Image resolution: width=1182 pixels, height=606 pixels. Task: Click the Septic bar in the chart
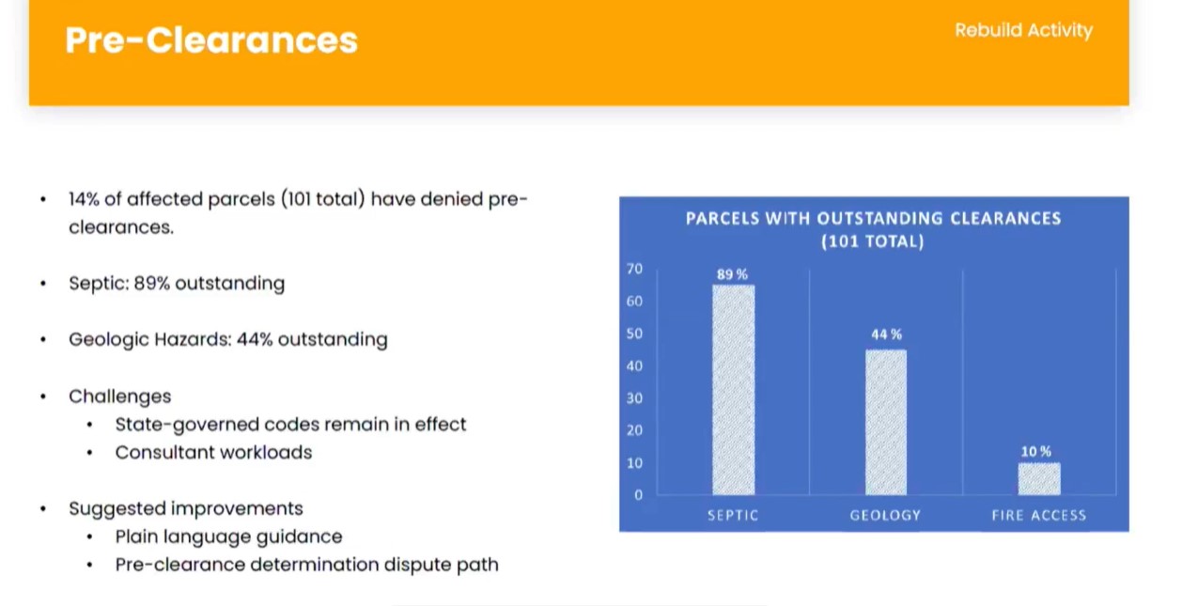[x=734, y=390]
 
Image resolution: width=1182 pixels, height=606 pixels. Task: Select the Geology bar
[x=886, y=422]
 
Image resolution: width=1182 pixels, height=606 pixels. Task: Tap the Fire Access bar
[x=1039, y=479]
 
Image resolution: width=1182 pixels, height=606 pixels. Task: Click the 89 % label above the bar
[x=732, y=274]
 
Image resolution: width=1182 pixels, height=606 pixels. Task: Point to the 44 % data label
[x=887, y=334]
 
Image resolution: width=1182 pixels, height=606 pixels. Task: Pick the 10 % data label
[x=1035, y=451]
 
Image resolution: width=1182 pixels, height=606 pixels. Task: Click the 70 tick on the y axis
[x=635, y=269]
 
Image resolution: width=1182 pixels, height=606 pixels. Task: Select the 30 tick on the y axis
[x=635, y=398]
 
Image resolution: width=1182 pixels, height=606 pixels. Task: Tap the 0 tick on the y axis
[x=639, y=495]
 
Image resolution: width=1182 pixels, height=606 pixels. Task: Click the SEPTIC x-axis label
[x=733, y=515]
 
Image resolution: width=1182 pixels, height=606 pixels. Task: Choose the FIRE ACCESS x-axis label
[x=1039, y=515]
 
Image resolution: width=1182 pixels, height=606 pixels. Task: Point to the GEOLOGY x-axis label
[x=885, y=515]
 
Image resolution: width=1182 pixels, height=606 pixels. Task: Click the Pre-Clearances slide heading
[x=211, y=40]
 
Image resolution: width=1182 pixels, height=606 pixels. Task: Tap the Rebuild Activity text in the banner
[x=1024, y=30]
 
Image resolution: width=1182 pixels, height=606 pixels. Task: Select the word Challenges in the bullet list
[x=119, y=396]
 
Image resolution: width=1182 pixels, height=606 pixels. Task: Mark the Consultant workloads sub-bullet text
[x=213, y=453]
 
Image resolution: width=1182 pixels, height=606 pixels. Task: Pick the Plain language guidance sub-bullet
[x=228, y=536]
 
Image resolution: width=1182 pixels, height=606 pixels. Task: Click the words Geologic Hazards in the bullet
[x=149, y=339]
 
